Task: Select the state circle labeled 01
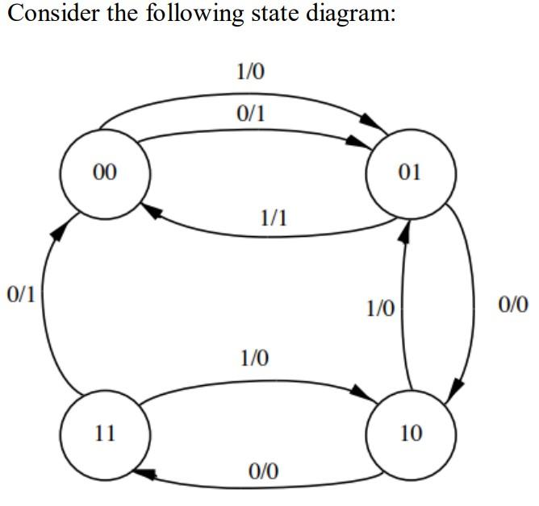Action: pyautogui.click(x=411, y=172)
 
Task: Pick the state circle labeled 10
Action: pyautogui.click(x=411, y=433)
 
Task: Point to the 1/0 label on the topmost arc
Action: pyautogui.click(x=250, y=73)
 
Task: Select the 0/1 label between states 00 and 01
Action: pyautogui.click(x=250, y=114)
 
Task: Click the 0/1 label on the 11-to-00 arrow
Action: pyautogui.click(x=19, y=294)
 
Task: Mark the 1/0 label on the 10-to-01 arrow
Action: pyautogui.click(x=380, y=308)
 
